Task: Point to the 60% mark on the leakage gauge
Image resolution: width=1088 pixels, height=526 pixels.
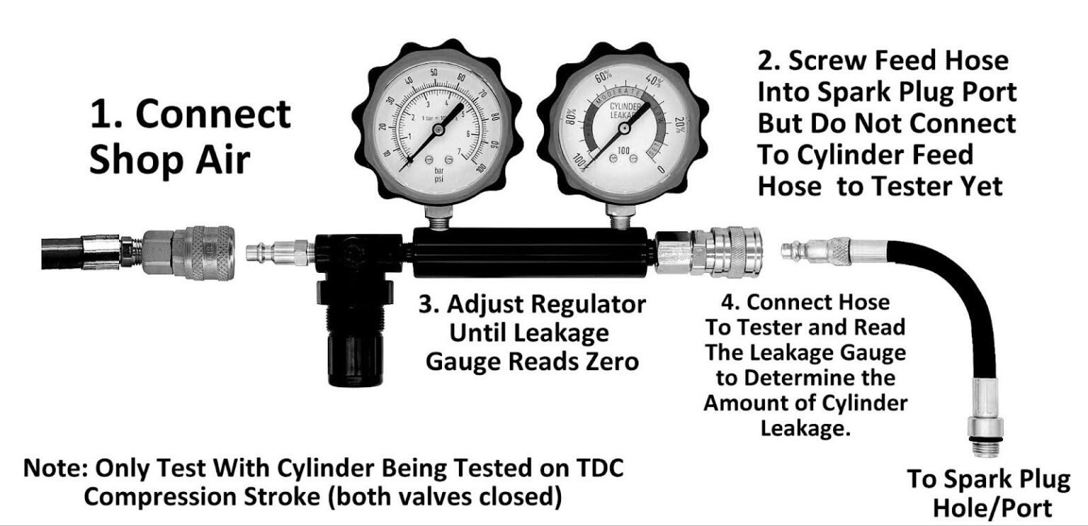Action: (x=603, y=76)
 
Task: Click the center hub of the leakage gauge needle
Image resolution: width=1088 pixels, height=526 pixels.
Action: (x=624, y=128)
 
